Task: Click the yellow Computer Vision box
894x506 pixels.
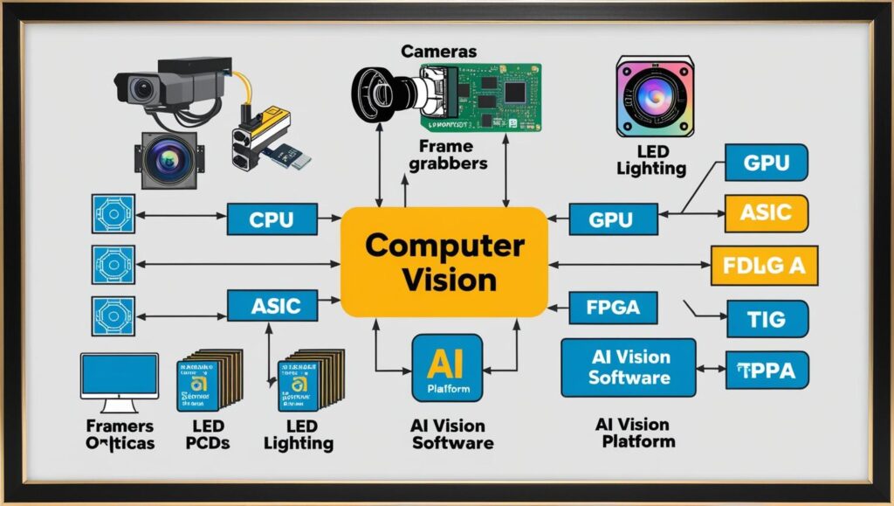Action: [x=444, y=262]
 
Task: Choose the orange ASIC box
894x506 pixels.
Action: [x=766, y=211]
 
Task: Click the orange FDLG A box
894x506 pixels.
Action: [x=765, y=266]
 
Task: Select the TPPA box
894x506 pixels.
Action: [x=767, y=371]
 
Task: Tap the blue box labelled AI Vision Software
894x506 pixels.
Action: [x=629, y=367]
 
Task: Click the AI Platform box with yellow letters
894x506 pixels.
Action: [x=446, y=368]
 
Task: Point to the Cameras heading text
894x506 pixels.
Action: [x=439, y=51]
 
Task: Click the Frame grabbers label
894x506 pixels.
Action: [x=452, y=155]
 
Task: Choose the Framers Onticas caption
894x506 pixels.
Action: [x=120, y=434]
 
